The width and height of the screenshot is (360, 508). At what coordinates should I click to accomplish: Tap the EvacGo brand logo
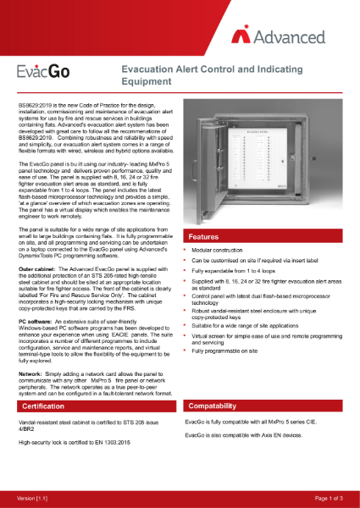tap(45, 74)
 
